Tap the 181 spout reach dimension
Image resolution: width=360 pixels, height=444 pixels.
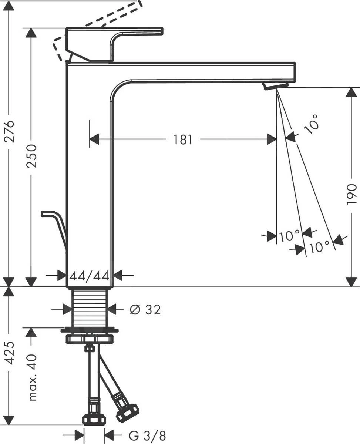click(183, 140)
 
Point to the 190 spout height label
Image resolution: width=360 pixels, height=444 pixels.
click(351, 194)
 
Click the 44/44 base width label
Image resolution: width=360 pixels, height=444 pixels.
click(89, 275)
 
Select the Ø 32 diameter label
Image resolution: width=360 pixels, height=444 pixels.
click(145, 309)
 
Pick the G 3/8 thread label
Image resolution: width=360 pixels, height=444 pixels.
click(147, 436)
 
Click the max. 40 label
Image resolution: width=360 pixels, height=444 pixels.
click(33, 377)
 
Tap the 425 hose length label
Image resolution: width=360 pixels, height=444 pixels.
click(10, 353)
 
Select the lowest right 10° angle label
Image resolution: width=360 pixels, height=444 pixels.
click(320, 247)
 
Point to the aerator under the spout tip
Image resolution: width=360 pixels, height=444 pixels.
click(275, 85)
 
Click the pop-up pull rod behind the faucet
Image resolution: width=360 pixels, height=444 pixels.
click(55, 223)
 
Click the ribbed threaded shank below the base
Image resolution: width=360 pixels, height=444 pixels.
click(89, 307)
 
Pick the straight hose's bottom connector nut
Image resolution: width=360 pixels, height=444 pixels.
click(94, 419)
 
